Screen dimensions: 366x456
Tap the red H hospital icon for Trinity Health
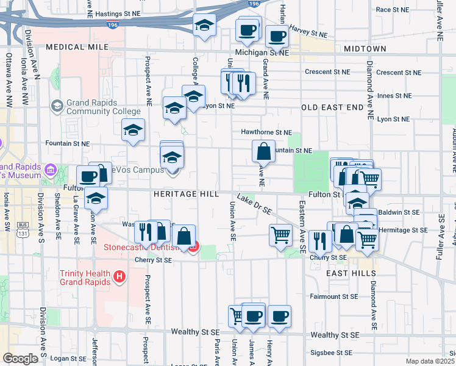[119, 278]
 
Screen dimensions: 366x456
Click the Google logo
[20, 359]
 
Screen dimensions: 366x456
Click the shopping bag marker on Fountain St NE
[263, 151]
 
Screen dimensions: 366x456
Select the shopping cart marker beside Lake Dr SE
[280, 235]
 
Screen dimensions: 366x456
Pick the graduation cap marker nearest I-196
[204, 26]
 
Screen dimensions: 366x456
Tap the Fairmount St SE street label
[333, 296]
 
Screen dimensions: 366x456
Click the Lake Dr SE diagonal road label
[255, 204]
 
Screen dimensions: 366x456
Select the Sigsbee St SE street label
[331, 353]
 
